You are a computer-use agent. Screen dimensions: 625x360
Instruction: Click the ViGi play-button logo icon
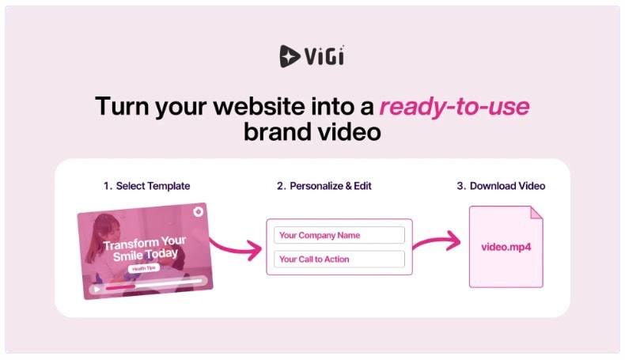(289, 56)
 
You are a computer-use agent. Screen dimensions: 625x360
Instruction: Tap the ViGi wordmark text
(324, 56)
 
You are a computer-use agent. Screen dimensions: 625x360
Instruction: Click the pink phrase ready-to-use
(454, 107)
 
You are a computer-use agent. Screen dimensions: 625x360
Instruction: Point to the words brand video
(312, 132)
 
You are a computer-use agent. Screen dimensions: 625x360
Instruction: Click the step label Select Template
(153, 186)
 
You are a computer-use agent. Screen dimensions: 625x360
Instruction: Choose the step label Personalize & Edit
(331, 186)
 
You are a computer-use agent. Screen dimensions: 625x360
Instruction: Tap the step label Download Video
(507, 186)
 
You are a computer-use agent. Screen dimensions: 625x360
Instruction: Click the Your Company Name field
(339, 235)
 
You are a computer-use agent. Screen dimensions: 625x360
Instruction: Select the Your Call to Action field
(339, 260)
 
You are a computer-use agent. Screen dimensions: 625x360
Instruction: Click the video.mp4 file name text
(506, 247)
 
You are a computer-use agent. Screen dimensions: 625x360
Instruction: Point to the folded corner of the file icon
(536, 213)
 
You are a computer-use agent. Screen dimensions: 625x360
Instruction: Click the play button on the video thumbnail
(97, 289)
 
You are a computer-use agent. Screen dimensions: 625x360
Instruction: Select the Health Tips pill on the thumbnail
(144, 268)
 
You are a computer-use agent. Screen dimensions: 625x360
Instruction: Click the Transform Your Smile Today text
(145, 248)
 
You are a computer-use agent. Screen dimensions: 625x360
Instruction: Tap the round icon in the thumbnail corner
(198, 211)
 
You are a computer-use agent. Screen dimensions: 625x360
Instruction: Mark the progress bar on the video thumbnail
(153, 284)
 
